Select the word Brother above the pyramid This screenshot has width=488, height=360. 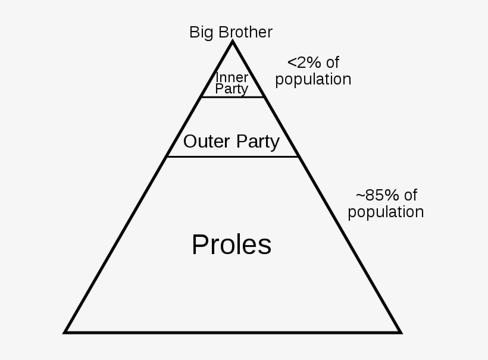(246, 32)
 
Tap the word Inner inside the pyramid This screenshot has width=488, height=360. (232, 77)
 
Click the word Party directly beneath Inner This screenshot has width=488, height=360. (232, 89)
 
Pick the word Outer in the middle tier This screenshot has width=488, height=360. (207, 141)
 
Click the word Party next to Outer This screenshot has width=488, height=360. (258, 142)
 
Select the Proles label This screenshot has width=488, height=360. (232, 245)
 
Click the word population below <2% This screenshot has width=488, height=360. (313, 80)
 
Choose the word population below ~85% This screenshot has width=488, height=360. (386, 212)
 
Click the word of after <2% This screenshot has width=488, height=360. (333, 62)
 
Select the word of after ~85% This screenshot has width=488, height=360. (411, 195)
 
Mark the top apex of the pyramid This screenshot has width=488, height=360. (232, 42)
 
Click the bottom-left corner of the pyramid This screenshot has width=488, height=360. (64, 333)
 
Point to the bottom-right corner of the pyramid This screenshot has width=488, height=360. (401, 333)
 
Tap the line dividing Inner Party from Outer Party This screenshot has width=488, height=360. (233, 98)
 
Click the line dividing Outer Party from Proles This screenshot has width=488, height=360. (233, 157)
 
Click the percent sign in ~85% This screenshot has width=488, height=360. (392, 195)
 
